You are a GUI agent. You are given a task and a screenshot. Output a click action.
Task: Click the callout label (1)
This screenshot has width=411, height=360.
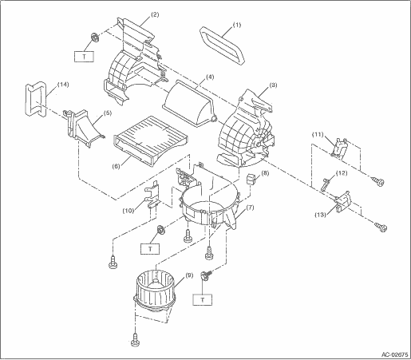(x=237, y=25)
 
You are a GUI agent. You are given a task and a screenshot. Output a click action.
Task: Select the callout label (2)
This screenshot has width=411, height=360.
(x=155, y=14)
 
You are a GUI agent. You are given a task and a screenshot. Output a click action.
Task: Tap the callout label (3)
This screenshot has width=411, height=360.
(x=273, y=85)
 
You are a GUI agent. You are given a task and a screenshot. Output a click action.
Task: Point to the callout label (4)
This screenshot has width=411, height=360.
(x=210, y=77)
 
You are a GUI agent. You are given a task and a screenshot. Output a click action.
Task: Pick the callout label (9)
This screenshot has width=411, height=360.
(x=188, y=275)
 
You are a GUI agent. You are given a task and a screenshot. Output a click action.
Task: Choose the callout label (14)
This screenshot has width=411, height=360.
(x=63, y=85)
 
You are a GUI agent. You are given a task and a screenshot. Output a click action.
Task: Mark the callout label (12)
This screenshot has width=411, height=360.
(x=342, y=173)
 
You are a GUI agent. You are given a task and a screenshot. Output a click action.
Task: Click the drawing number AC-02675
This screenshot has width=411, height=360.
(x=394, y=354)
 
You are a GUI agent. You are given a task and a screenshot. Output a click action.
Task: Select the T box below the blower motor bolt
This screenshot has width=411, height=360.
(x=203, y=300)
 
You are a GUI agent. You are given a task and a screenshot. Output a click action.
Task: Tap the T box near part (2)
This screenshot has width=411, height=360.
(x=84, y=57)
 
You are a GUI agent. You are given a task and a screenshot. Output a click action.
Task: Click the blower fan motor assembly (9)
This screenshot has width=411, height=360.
(x=155, y=292)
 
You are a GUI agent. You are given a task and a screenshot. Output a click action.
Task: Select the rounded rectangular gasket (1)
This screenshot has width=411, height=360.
(x=221, y=45)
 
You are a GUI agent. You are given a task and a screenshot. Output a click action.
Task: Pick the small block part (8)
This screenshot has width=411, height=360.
(x=251, y=179)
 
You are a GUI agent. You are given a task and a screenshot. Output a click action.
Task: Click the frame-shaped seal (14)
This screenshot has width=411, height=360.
(x=35, y=100)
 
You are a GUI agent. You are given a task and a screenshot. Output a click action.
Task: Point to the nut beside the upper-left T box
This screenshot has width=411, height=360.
(x=94, y=37)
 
